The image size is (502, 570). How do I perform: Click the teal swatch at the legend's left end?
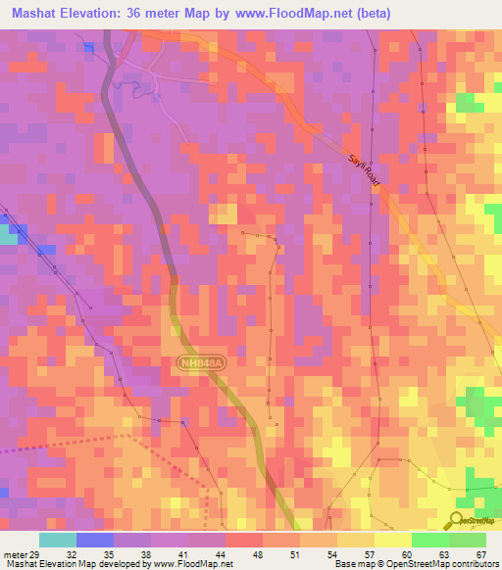click(x=58, y=540)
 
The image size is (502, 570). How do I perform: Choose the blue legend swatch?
click(x=95, y=540)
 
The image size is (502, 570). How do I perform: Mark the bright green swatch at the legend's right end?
click(x=468, y=540)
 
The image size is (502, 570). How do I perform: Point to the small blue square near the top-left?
click(x=89, y=48)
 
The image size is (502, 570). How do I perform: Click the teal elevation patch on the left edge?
click(x=7, y=234)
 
